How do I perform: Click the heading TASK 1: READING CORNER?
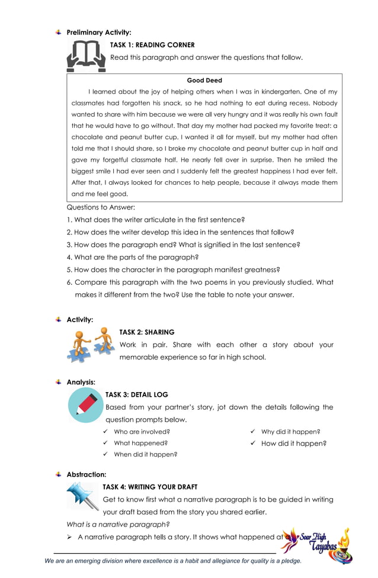point(152,45)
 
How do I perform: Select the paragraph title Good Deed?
point(204,81)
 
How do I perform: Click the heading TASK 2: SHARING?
point(147,332)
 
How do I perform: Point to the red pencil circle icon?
point(86,406)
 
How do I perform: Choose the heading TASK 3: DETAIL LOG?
point(137,394)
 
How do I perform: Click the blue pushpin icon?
point(82,496)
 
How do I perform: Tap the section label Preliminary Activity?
point(98,33)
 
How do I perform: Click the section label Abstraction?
point(87,474)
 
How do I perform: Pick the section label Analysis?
point(81,382)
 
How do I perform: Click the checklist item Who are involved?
point(142,432)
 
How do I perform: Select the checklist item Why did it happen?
point(290,432)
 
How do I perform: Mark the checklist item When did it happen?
point(145,454)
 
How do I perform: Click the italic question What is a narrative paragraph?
point(118,524)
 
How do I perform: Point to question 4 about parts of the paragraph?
point(132,257)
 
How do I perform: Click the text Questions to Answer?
point(101,207)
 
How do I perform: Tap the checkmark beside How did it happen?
point(252,443)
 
